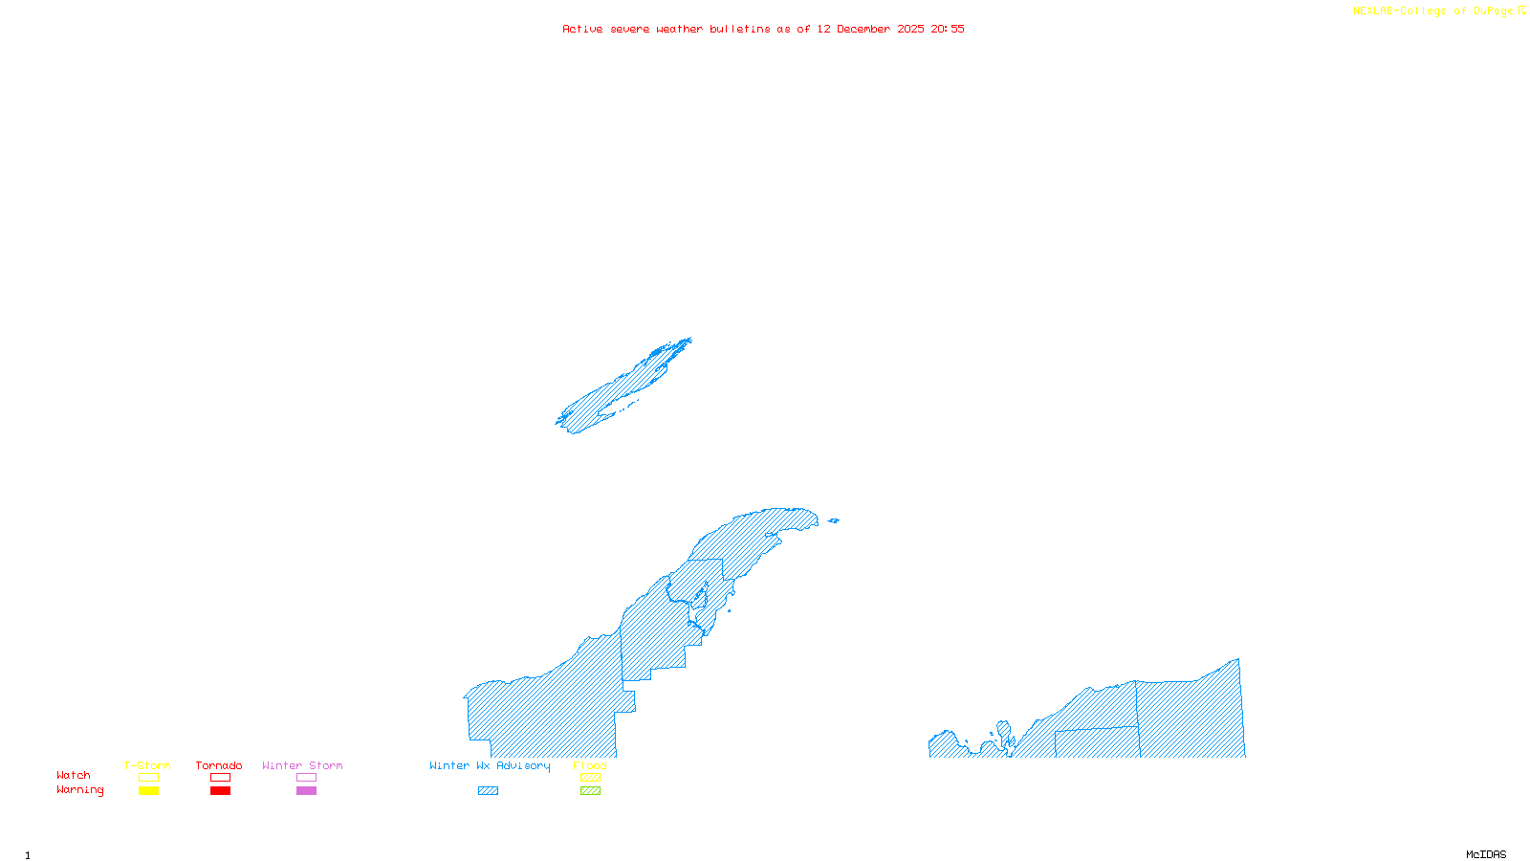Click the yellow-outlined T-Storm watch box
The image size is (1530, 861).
[x=148, y=778]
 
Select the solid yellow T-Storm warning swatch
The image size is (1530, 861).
[x=148, y=791]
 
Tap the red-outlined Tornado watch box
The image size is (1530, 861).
[x=220, y=778]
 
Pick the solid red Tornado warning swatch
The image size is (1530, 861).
[x=220, y=791]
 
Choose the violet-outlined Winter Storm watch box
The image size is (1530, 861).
[x=306, y=778]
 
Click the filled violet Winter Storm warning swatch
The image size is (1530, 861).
[x=306, y=791]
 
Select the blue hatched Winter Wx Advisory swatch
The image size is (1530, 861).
[x=488, y=791]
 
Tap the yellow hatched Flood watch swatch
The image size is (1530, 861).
[x=590, y=778]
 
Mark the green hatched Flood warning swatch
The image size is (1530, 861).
[x=590, y=791]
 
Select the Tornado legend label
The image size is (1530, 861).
[x=219, y=765]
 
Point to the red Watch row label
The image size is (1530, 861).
[x=74, y=775]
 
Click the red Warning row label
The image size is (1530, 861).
[x=80, y=790]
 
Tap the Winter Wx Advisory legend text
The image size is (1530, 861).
[x=490, y=765]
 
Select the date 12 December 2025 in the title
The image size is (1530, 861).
[x=870, y=29]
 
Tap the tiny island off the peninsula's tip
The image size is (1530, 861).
[x=833, y=520]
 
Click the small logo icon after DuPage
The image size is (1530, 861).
[x=1521, y=11]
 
